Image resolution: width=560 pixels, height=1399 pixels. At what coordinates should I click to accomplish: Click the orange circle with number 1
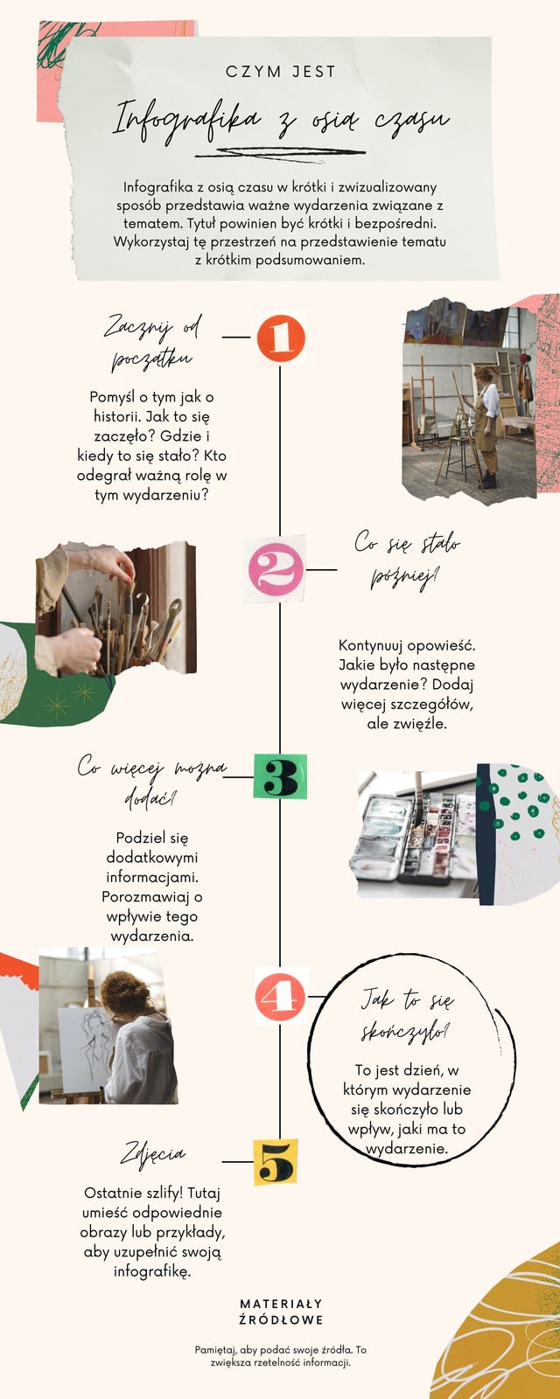coord(281,338)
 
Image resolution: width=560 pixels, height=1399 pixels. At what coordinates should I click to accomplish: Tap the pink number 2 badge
coord(276,569)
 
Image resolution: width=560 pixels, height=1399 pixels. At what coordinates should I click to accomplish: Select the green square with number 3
coord(280,776)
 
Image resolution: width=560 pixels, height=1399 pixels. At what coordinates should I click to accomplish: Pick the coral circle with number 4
coord(280,997)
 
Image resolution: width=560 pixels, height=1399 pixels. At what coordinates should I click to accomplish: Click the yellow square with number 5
coord(276,1162)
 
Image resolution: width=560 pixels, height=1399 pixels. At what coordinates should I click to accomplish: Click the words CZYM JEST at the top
coord(281,72)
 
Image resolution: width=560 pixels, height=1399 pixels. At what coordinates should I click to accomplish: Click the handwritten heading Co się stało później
coord(407,560)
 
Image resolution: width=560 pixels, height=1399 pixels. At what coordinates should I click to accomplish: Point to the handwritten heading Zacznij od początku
coord(152,342)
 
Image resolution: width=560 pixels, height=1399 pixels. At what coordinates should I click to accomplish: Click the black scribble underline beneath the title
coord(280,153)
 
